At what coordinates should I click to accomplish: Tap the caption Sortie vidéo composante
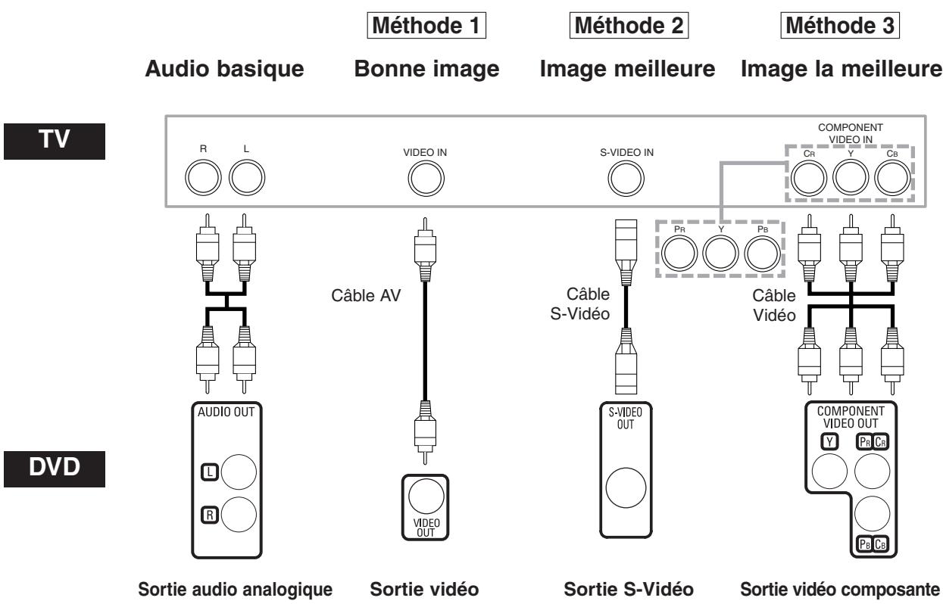838,588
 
